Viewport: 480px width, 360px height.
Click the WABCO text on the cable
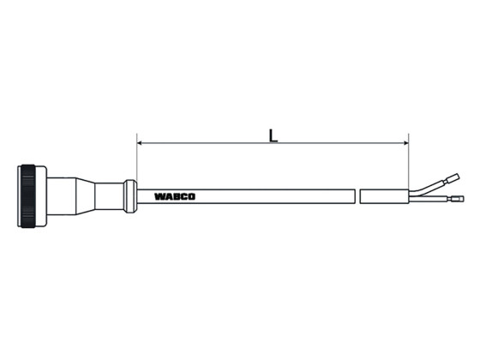click(x=175, y=195)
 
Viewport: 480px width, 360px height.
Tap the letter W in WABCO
click(x=159, y=195)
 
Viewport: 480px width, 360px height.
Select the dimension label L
click(x=273, y=135)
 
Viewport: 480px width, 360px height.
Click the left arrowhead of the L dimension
click(x=141, y=144)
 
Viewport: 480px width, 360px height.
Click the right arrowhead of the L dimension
click(x=405, y=144)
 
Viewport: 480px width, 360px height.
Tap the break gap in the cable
click(x=356, y=195)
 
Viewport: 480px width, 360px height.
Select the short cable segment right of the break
click(x=384, y=195)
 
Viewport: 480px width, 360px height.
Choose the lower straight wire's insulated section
click(x=429, y=201)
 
